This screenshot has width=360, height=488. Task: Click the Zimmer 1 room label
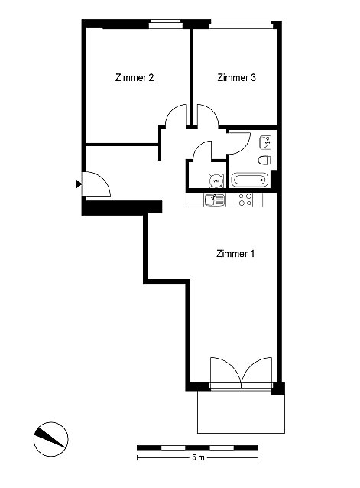pos(235,254)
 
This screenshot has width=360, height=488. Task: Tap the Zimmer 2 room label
pos(135,77)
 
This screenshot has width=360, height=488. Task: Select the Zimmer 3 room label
pos(237,77)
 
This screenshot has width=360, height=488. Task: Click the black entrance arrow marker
pos(79,184)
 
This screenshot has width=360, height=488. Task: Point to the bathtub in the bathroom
pos(250,180)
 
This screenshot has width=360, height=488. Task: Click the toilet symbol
pos(264,161)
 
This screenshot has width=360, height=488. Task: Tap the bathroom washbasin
pos(265,142)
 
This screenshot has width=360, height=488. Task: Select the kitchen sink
pos(215,200)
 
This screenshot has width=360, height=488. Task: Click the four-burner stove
pos(245,200)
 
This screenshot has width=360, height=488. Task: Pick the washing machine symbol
pos(216,181)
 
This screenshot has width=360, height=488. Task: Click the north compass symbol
pos(50,439)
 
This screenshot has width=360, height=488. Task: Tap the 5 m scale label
pos(198,458)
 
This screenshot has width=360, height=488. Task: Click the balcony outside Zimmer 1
pos(242,412)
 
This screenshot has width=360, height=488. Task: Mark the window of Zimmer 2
pos(165,24)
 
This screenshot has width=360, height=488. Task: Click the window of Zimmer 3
pos(242,24)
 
